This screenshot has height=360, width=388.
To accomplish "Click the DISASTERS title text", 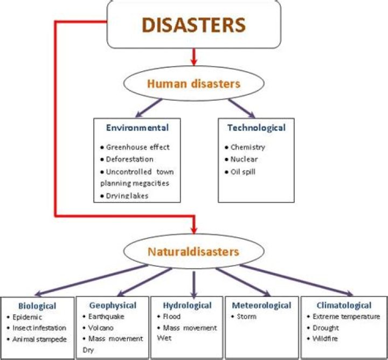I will click(194, 25).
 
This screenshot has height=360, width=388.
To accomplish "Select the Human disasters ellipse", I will click(194, 84).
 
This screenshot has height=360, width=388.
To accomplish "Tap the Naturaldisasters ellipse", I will click(194, 251).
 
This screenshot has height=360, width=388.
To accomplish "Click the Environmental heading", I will click(137, 128).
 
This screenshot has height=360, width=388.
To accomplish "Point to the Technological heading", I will click(257, 128).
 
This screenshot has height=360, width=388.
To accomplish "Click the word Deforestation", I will click(130, 160).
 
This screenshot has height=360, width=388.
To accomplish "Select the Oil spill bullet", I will click(244, 172).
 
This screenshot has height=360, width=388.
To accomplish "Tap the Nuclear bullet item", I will click(244, 160).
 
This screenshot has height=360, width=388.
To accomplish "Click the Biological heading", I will click(37, 306).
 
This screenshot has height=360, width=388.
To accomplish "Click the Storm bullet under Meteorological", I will click(246, 316).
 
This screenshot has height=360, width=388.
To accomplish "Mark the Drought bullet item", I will click(325, 328).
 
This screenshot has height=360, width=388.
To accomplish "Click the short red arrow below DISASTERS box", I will click(194, 56).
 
